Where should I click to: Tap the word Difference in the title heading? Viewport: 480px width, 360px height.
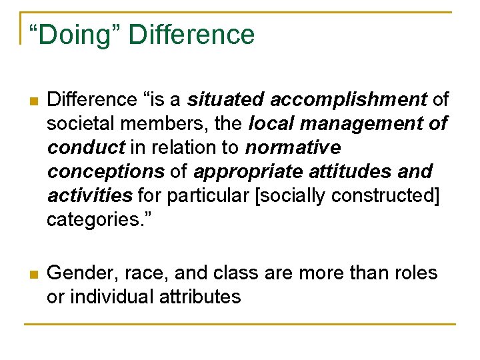tap(191, 35)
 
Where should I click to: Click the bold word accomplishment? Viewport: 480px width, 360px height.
tap(349, 100)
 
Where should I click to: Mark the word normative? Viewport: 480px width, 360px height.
tap(293, 147)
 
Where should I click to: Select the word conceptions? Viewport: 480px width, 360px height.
tap(105, 171)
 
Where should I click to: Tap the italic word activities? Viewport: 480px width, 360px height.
tap(90, 195)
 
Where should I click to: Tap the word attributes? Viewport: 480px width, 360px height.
tap(200, 297)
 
